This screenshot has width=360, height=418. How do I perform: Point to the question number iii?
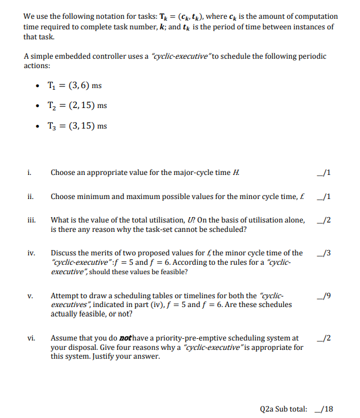30,220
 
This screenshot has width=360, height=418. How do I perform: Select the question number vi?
31,338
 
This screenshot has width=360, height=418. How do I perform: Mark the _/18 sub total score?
322,409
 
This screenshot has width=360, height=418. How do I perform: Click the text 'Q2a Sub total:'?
283,409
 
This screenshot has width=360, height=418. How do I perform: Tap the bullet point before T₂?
38,106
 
